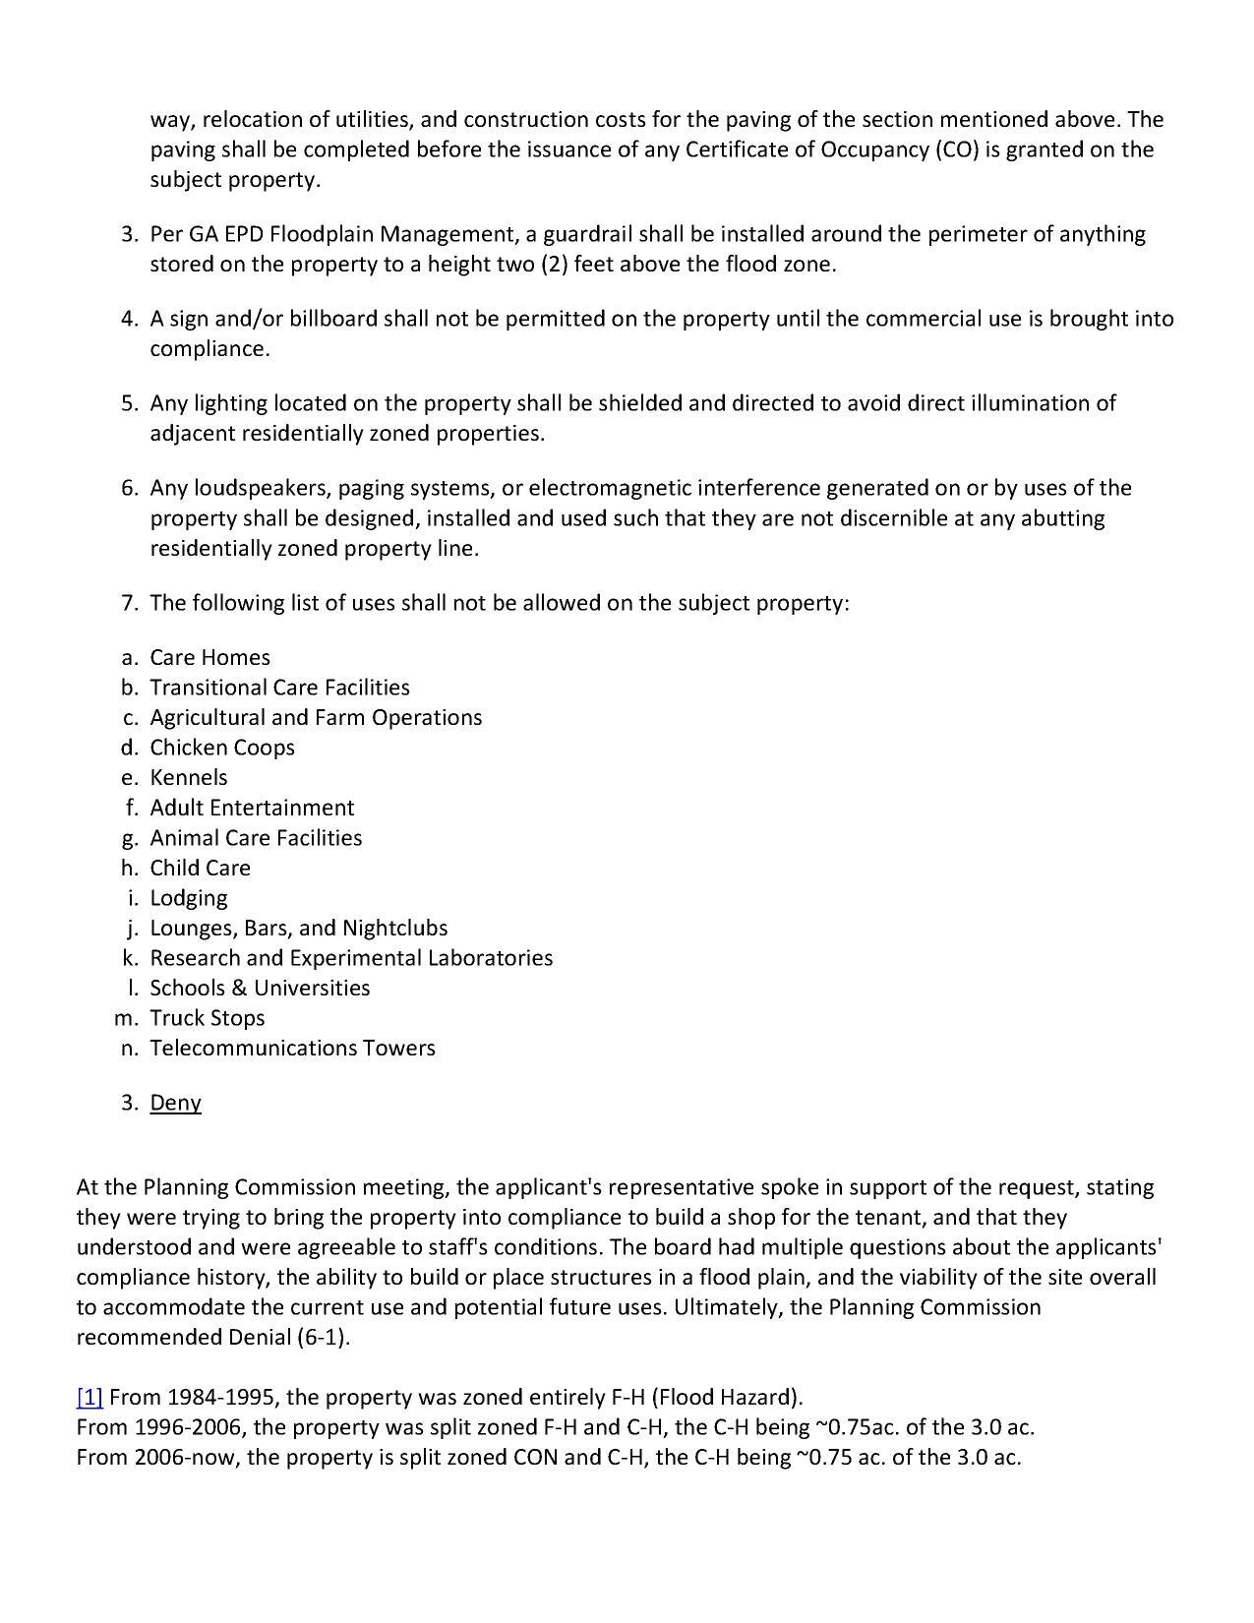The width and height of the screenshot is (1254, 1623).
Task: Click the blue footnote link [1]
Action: pyautogui.click(x=90, y=1398)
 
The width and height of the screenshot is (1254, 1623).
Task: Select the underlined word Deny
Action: pyautogui.click(x=175, y=1103)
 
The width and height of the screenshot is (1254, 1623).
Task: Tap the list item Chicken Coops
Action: pyautogui.click(x=222, y=748)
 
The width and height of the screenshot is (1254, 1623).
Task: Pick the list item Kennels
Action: pyautogui.click(x=189, y=778)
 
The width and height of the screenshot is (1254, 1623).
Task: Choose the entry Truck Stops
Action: pyautogui.click(x=208, y=1018)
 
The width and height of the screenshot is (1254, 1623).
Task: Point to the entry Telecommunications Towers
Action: pyautogui.click(x=292, y=1049)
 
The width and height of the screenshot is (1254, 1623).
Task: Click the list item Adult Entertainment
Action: pyautogui.click(x=252, y=808)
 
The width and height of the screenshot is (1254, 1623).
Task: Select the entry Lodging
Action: pyautogui.click(x=189, y=898)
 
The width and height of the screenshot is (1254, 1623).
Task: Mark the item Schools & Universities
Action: pyautogui.click(x=260, y=988)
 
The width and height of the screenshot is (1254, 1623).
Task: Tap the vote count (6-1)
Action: pyautogui.click(x=323, y=1338)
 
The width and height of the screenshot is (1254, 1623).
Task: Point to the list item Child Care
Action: pyautogui.click(x=201, y=868)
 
